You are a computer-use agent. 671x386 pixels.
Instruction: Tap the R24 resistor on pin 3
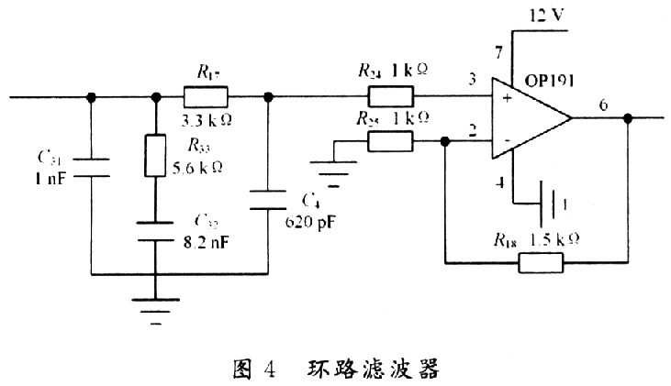[x=391, y=96]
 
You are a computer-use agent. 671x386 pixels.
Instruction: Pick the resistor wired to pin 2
[x=391, y=141]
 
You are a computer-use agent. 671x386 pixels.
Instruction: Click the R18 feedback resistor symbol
[x=542, y=263]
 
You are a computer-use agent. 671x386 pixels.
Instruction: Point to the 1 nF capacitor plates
[x=92, y=166]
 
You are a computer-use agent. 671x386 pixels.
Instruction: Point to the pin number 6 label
[x=603, y=104]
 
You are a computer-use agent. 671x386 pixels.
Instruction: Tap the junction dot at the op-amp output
[x=628, y=118]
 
